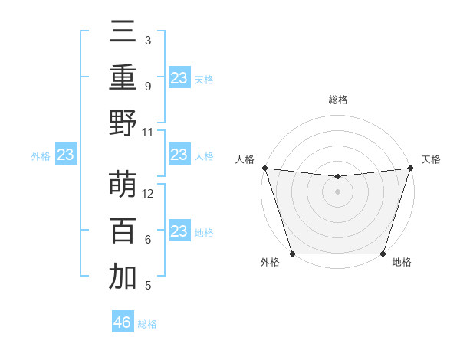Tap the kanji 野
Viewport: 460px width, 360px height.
coord(123,123)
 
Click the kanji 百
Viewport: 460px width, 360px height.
coord(123,231)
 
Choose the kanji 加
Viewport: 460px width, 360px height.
coord(123,277)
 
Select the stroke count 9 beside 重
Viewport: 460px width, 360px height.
coord(147,87)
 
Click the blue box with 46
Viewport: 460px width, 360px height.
coord(123,322)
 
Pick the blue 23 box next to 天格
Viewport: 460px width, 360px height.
coord(179,77)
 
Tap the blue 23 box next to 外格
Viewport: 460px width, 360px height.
coord(65,155)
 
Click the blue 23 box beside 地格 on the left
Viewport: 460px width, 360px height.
coord(179,231)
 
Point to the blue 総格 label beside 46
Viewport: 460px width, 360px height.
coord(147,324)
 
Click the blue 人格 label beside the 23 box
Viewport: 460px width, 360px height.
coord(204,156)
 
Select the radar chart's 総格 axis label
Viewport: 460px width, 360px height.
coord(337,100)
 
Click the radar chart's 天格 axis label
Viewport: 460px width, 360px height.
coord(431,159)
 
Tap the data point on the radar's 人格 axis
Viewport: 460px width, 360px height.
coord(264,168)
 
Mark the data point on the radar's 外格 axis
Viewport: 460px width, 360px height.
coord(292,254)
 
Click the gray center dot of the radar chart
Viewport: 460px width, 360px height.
coord(337,191)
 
